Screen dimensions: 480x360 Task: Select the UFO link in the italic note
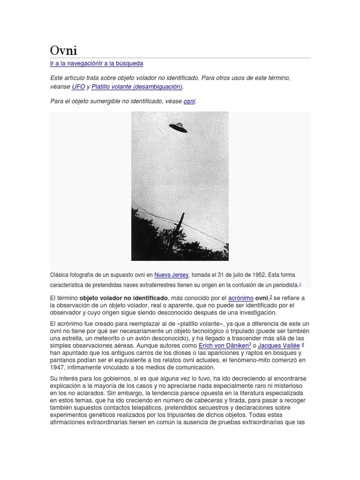pos(78,87)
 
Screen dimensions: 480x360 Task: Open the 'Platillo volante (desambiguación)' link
pos(137,87)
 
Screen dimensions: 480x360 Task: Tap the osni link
pos(189,101)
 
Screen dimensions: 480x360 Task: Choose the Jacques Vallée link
pos(279,345)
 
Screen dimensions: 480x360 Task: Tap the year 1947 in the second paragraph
pos(57,367)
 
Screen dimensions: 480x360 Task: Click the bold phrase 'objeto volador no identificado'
pos(124,298)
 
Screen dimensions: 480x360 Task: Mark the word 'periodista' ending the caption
pos(283,285)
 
